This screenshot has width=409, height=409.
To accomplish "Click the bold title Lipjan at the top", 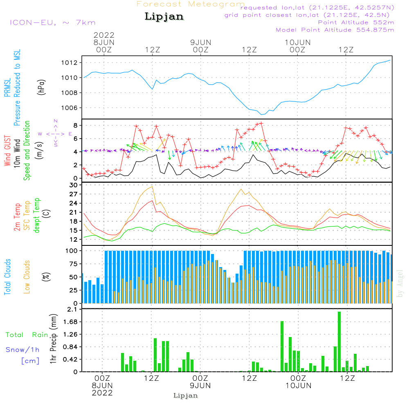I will tap(164, 17).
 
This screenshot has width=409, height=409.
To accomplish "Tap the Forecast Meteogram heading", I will tap(191, 4).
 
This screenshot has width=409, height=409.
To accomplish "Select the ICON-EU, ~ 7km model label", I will tap(52, 22).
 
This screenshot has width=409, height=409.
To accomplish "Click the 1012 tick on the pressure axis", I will tap(70, 63).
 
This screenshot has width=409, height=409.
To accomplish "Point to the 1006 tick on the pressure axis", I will tap(70, 108).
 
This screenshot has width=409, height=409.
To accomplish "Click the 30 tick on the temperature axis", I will tap(74, 185).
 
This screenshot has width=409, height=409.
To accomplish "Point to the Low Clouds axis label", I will tap(27, 276).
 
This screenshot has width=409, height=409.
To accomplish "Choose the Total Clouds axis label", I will tap(8, 276).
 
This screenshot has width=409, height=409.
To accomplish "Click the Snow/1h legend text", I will tap(23, 350).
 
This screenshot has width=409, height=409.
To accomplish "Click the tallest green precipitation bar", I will tap(339, 342).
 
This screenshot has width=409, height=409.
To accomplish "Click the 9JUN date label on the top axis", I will tap(201, 43).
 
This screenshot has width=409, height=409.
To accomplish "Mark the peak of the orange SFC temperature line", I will tap(153, 187).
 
